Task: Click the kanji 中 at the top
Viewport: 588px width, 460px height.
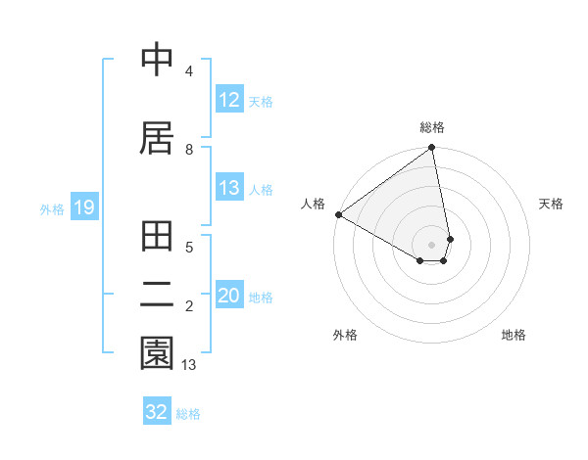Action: [157, 60]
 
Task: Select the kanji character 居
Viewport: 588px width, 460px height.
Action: [157, 138]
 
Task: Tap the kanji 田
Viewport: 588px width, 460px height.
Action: [157, 238]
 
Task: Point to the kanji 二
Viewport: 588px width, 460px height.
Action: [157, 293]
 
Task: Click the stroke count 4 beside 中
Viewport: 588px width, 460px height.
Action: [188, 71]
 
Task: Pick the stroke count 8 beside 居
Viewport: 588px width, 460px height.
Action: [188, 150]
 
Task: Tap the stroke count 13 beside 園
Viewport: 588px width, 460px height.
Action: [189, 365]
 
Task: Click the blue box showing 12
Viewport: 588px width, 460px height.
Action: [229, 100]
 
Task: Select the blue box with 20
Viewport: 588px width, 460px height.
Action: [229, 296]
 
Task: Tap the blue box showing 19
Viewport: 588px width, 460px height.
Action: [83, 207]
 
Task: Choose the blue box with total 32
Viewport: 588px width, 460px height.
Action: [157, 412]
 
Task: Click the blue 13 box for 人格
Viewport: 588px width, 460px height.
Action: [229, 188]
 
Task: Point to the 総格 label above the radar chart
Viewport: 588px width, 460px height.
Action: [432, 127]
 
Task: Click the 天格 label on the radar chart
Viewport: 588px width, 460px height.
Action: [551, 204]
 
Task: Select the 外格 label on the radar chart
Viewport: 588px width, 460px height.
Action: [345, 335]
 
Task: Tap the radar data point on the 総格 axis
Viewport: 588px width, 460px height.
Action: [432, 148]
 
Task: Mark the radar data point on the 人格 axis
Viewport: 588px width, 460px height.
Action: [338, 214]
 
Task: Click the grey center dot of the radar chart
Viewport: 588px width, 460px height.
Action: [432, 244]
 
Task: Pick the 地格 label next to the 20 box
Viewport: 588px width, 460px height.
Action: [261, 297]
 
